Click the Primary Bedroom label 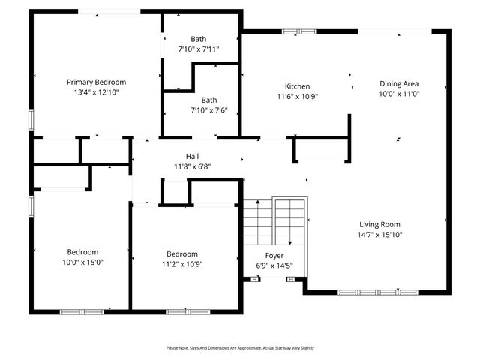(96, 82)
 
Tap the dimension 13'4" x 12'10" (96, 91)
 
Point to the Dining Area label (398, 84)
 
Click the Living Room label (379, 224)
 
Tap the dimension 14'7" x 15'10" (379, 235)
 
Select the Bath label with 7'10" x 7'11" (198, 39)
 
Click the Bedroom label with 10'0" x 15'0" (82, 253)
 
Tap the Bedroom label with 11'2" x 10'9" (182, 253)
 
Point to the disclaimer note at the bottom (240, 348)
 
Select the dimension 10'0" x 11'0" (398, 94)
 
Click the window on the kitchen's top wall (293, 31)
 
